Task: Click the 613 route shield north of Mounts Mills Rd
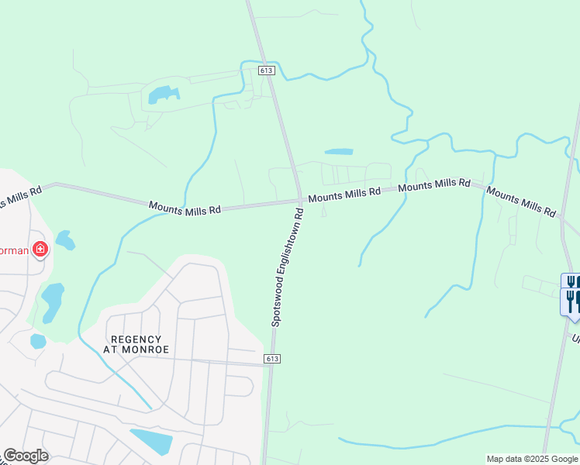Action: [x=268, y=71]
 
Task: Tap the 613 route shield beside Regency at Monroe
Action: [x=271, y=359]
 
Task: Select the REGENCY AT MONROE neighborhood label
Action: [x=136, y=344]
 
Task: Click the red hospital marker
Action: [x=39, y=250]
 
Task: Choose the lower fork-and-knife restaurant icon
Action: [x=572, y=300]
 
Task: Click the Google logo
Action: [x=26, y=456]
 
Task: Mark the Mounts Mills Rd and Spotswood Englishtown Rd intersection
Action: [x=299, y=201]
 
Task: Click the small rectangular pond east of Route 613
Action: [x=338, y=151]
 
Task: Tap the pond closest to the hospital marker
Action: [x=65, y=240]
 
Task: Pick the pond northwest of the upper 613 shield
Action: [x=163, y=95]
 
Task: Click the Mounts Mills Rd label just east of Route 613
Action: [x=344, y=193]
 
